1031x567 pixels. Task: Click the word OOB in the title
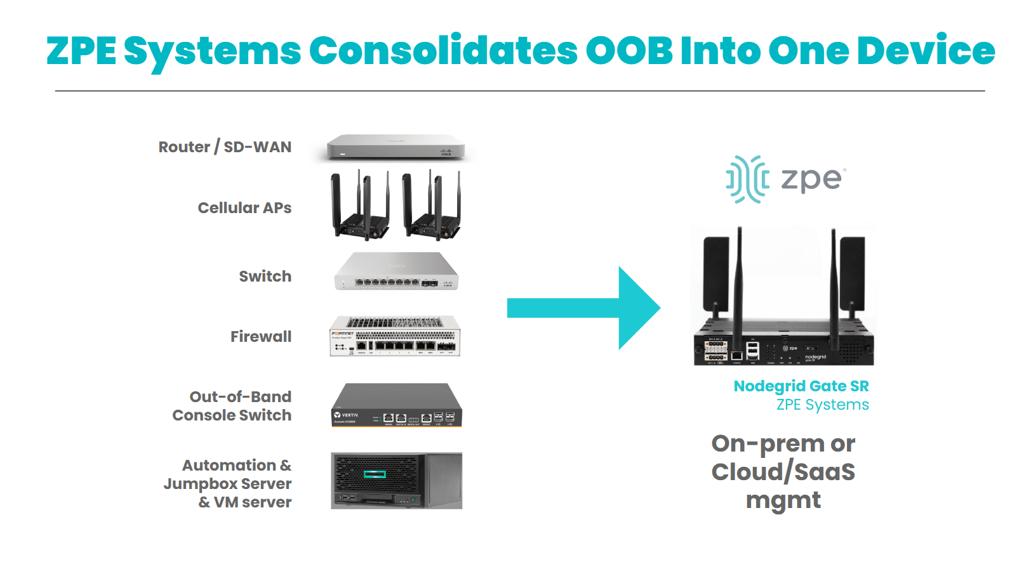(x=629, y=51)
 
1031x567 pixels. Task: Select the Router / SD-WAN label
(x=225, y=147)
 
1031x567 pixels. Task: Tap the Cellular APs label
(x=244, y=208)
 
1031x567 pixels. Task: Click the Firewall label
(x=260, y=337)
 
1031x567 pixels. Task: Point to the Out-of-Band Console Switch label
(x=232, y=406)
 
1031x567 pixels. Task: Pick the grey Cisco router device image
(x=396, y=147)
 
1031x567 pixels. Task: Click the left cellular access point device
(x=360, y=206)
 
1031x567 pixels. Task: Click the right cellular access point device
(x=432, y=206)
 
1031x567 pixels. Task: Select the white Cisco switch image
(x=396, y=273)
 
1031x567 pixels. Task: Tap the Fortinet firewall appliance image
(x=395, y=336)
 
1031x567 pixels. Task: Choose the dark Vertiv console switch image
(x=397, y=405)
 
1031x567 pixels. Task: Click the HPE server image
(x=396, y=481)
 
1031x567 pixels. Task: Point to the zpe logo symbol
(x=747, y=179)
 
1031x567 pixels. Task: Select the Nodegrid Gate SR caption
(x=801, y=386)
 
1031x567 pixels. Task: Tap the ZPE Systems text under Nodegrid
(x=822, y=405)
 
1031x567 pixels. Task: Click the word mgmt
(x=783, y=500)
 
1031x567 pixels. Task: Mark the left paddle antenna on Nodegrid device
(x=715, y=270)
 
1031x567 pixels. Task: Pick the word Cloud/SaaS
(x=783, y=472)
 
